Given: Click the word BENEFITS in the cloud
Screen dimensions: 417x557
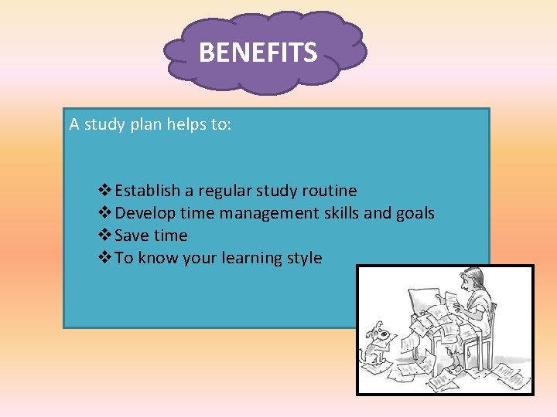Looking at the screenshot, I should pos(258,53).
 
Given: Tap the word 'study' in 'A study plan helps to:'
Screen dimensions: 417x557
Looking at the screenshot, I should pos(108,124).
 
